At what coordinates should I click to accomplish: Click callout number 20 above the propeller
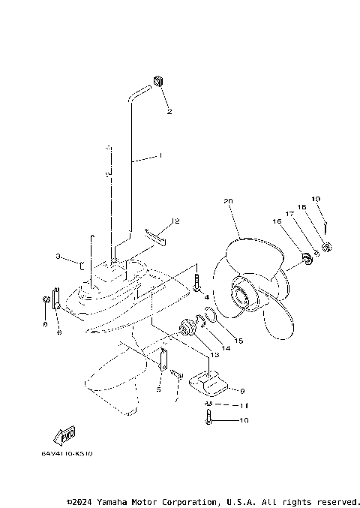pyautogui.click(x=229, y=201)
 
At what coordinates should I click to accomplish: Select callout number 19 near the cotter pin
pyautogui.click(x=316, y=199)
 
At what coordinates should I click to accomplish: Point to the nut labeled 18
pyautogui.click(x=328, y=247)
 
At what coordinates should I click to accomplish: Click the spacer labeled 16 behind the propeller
pyautogui.click(x=306, y=259)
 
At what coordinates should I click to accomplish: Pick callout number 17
pyautogui.click(x=288, y=214)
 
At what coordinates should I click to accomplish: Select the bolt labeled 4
pyautogui.click(x=196, y=284)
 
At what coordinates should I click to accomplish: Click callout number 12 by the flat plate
pyautogui.click(x=175, y=221)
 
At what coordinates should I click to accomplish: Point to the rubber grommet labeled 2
pyautogui.click(x=159, y=81)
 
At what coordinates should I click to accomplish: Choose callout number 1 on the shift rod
pyautogui.click(x=160, y=156)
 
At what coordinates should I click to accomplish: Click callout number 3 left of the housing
pyautogui.click(x=57, y=257)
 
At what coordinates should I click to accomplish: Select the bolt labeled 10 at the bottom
pyautogui.click(x=208, y=421)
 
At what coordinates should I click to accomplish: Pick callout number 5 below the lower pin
pyautogui.click(x=158, y=389)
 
